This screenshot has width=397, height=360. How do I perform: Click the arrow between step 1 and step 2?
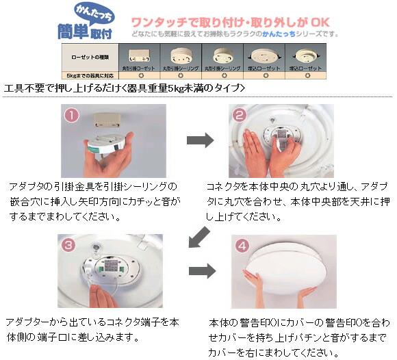[199, 140]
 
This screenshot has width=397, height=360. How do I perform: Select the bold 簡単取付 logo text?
[80, 30]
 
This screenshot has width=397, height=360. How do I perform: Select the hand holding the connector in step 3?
[104, 298]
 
